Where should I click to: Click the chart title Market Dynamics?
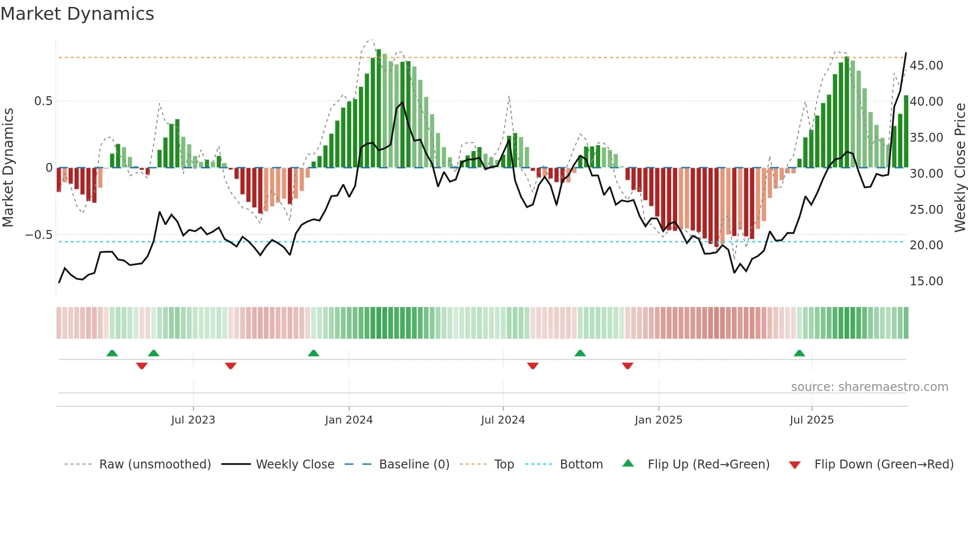point(78,14)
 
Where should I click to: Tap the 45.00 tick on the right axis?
point(927,66)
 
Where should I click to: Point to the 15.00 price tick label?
point(927,281)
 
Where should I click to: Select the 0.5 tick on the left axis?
point(43,101)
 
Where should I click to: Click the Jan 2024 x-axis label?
point(349,420)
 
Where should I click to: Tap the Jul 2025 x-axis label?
point(811,420)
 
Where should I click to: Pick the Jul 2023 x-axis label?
point(193,420)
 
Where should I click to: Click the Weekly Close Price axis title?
point(960,168)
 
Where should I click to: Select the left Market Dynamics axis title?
point(8,168)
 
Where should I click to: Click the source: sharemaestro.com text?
point(869,387)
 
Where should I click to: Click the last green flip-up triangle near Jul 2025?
point(799,353)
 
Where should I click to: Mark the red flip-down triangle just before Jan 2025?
point(627,366)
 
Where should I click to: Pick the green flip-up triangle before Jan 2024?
point(313,353)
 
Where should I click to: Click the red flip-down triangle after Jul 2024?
point(532,366)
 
